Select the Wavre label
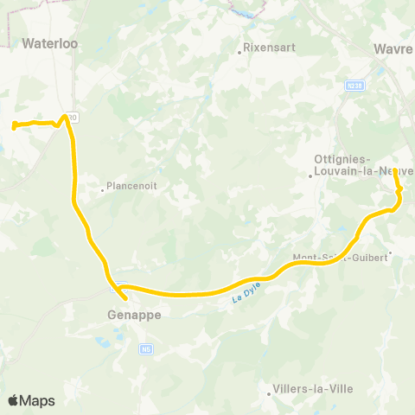click(x=394, y=49)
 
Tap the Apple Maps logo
click(x=31, y=400)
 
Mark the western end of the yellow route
click(x=14, y=127)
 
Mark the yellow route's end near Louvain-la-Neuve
click(x=395, y=170)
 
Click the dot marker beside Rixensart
click(x=240, y=51)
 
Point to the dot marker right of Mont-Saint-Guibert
click(x=391, y=253)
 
